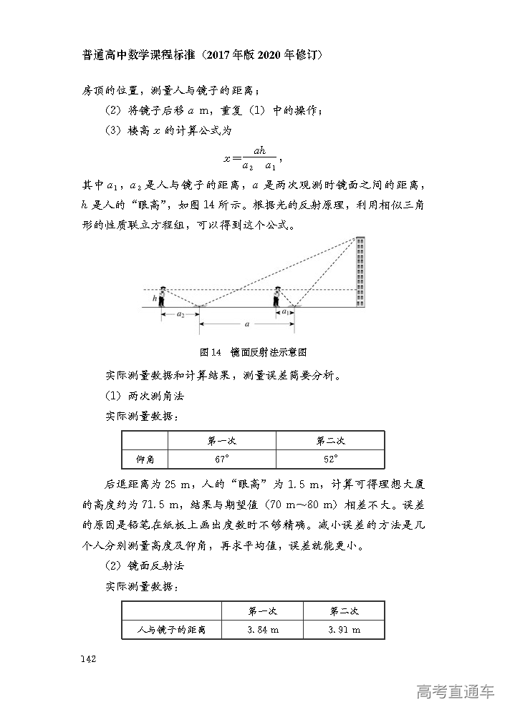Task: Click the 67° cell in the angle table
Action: pyautogui.click(x=221, y=459)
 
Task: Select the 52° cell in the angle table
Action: pyautogui.click(x=330, y=459)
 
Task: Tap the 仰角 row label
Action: pyautogui.click(x=145, y=459)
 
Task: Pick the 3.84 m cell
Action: pyautogui.click(x=262, y=629)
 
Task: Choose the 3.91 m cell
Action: pyautogui.click(x=344, y=629)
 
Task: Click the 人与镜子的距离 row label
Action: pyautogui.click(x=172, y=629)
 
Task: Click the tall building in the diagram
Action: pyautogui.click(x=360, y=273)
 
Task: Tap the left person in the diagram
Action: pyautogui.click(x=163, y=296)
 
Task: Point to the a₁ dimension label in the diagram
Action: pyautogui.click(x=285, y=312)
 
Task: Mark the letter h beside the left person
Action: pyautogui.click(x=154, y=298)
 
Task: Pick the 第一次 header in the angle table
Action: pyautogui.click(x=221, y=440)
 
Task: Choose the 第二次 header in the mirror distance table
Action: pyautogui.click(x=344, y=610)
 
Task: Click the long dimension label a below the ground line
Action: pyautogui.click(x=247, y=324)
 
